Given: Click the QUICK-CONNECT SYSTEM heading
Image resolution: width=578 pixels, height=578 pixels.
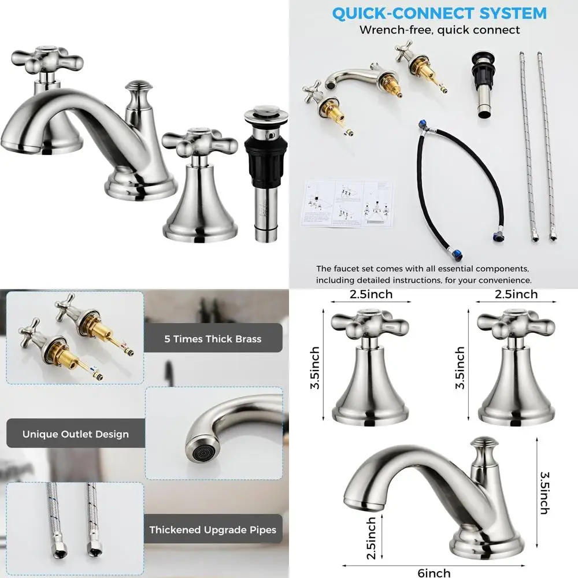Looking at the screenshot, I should [x=439, y=13].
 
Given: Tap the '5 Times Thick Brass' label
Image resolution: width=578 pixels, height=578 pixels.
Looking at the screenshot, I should [x=213, y=339].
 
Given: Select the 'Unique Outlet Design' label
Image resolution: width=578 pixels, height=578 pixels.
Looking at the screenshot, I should [x=76, y=434].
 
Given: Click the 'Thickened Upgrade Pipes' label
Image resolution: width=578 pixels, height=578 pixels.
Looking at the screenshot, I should [x=213, y=529].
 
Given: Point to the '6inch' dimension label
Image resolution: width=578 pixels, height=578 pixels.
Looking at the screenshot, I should [x=434, y=572].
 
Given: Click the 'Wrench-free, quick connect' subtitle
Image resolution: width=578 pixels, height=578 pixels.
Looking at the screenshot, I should [x=439, y=30].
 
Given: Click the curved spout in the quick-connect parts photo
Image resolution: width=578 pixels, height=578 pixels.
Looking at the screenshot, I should [x=349, y=79].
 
